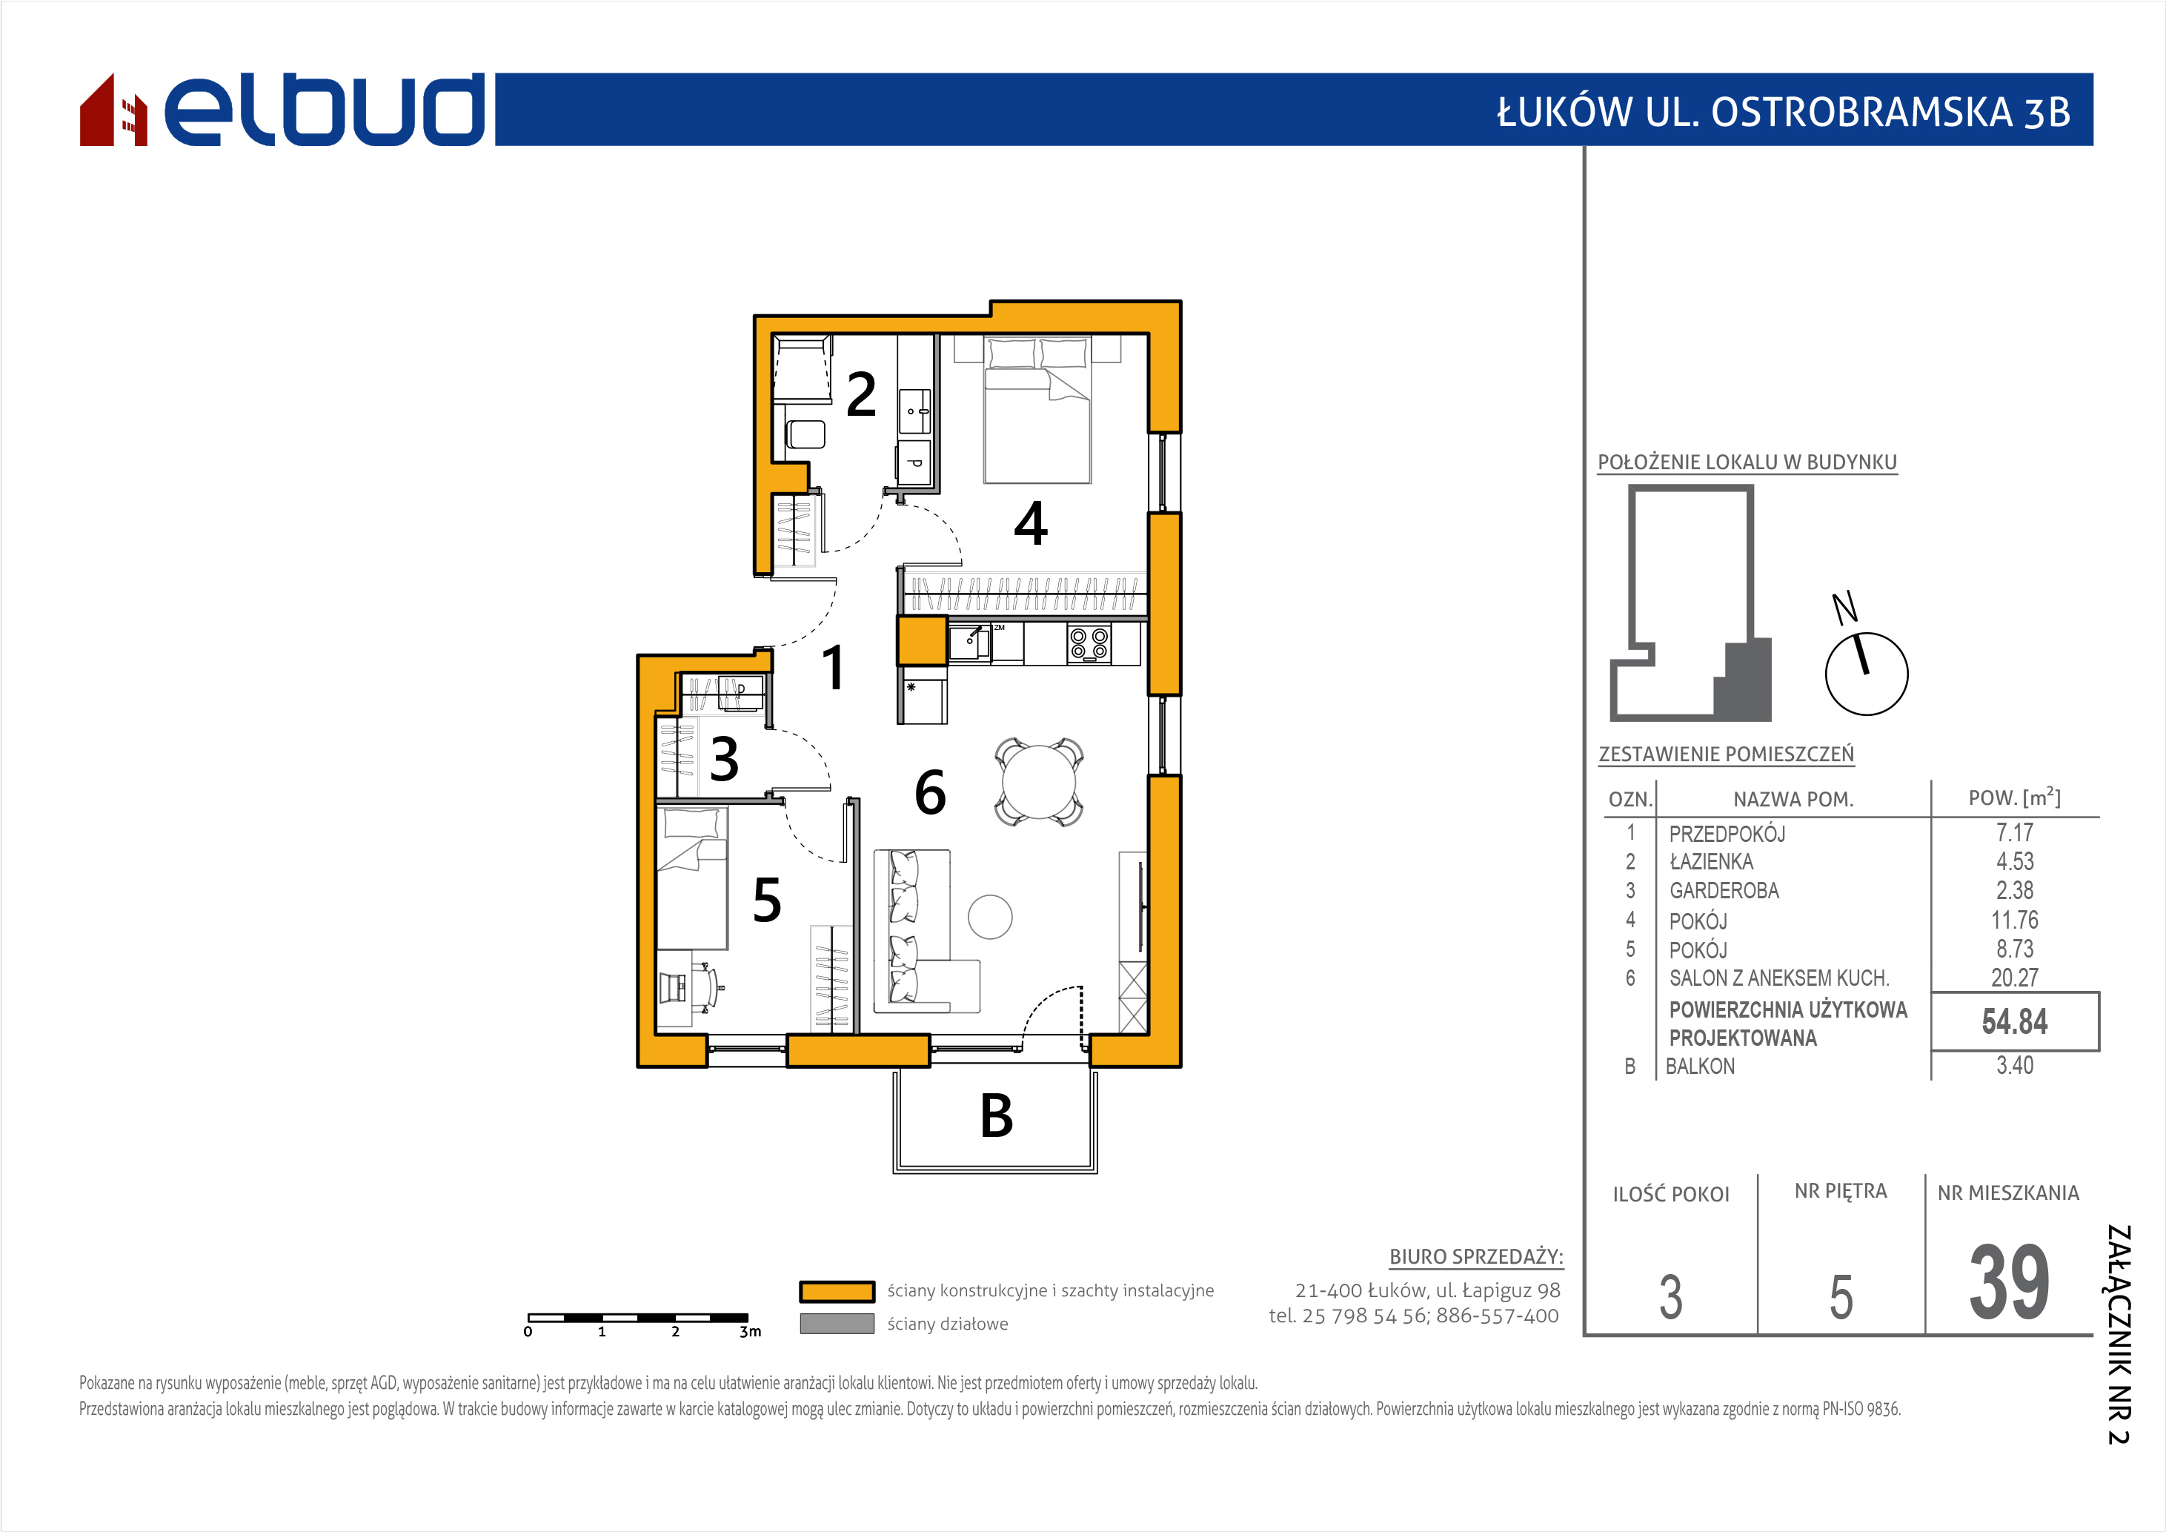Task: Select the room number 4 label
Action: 1030,523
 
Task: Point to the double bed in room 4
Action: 1037,411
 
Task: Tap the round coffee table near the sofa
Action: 991,916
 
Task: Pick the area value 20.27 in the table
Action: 2014,978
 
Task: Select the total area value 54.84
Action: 2014,1021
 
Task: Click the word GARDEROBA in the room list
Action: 1724,891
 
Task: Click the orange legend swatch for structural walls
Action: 837,1291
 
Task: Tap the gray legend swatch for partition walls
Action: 837,1324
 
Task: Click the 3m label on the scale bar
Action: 750,1332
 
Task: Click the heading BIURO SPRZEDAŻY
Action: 1475,1256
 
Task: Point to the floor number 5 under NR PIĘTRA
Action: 1841,1297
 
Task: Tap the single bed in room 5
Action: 691,878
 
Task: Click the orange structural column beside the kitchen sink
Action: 922,640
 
